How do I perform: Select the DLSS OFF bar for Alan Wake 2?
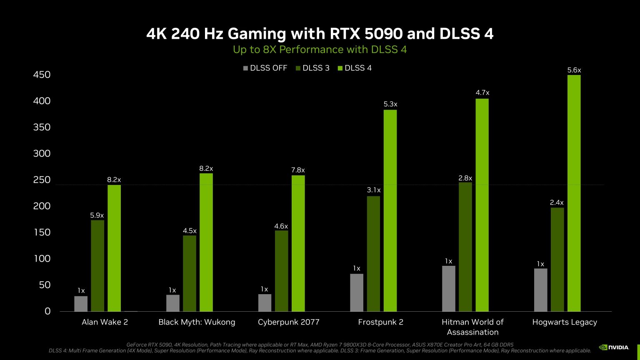click(81, 303)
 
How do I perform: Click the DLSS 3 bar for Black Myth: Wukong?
click(189, 273)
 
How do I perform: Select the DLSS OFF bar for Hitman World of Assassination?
click(448, 288)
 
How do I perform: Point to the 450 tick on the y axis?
click(42, 75)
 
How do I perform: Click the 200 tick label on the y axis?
click(42, 206)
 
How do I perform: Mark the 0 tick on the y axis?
click(47, 311)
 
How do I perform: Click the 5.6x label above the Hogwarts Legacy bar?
click(574, 70)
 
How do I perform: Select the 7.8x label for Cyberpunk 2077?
click(298, 170)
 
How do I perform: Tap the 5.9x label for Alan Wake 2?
click(97, 215)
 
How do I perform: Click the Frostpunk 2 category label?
click(380, 322)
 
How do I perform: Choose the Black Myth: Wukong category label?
click(197, 322)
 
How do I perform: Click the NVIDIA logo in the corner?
click(614, 347)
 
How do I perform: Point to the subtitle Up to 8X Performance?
click(320, 50)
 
